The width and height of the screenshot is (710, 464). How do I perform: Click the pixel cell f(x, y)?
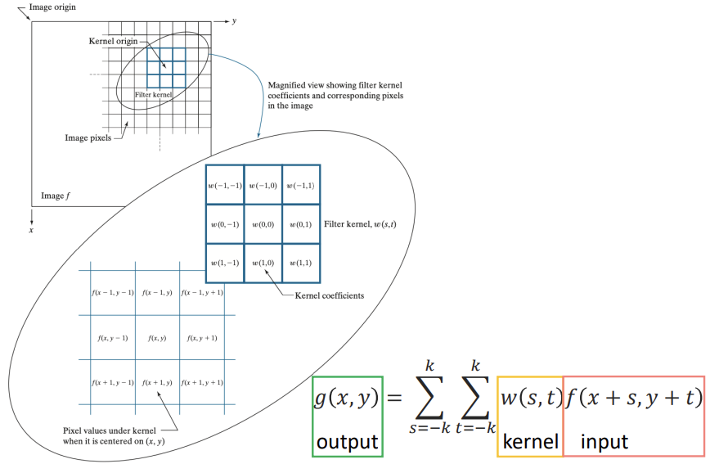(x=157, y=337)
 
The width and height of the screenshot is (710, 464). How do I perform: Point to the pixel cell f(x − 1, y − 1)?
(x=112, y=292)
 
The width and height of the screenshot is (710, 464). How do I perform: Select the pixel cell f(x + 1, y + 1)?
(x=202, y=382)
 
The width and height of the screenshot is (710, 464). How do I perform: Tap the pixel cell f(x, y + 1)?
(x=202, y=337)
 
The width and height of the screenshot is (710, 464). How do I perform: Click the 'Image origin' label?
(x=52, y=7)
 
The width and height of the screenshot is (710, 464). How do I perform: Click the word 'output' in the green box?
(x=347, y=442)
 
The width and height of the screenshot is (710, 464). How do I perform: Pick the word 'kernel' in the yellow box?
(x=530, y=442)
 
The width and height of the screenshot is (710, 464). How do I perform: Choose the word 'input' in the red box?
(x=604, y=442)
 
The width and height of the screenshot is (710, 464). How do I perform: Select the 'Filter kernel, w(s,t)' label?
(x=360, y=223)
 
